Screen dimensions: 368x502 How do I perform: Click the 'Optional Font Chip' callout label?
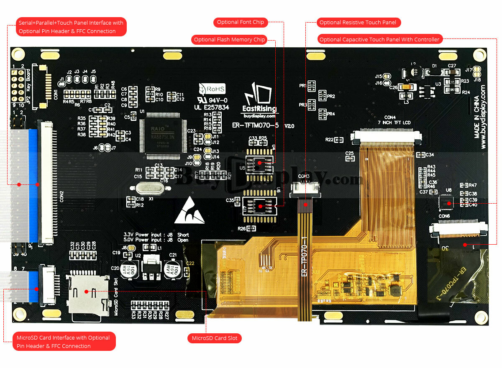[x=240, y=22]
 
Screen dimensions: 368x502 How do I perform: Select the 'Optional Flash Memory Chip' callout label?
[x=229, y=40]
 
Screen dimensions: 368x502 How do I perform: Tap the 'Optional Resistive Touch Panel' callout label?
[x=359, y=22]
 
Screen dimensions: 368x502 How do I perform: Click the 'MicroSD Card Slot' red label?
[x=215, y=338]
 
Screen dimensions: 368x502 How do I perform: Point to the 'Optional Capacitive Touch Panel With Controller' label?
[x=379, y=39]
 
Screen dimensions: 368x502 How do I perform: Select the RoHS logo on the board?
[x=213, y=89]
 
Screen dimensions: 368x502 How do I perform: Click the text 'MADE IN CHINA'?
[x=476, y=117]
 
